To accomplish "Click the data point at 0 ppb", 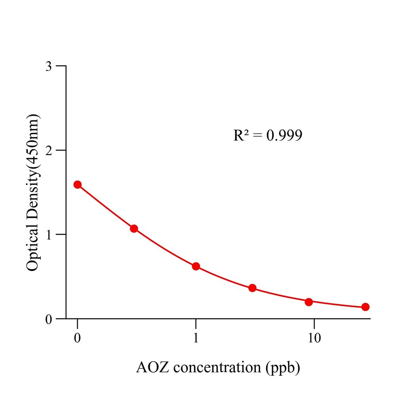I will coord(78,185).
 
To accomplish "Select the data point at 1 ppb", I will coord(196,266).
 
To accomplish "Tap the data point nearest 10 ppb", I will coord(309,302).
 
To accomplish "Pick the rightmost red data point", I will coord(365,307).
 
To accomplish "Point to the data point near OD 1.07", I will coord(134,228).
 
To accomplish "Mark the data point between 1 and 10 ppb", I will coord(252,288).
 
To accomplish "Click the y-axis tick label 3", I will coord(49,66).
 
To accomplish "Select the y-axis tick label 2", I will coord(49,150).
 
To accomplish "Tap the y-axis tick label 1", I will coord(49,234).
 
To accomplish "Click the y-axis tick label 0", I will coord(49,319).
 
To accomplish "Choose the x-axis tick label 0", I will coord(78,339).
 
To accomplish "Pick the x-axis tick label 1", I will coord(196,339).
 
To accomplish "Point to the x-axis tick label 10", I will coord(314,339).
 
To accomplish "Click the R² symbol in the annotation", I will coord(241,135).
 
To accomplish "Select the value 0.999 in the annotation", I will coord(284,135).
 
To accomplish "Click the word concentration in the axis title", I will coord(216,368).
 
